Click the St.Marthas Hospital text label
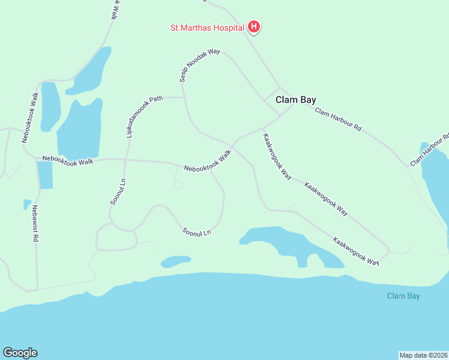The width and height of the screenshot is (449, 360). pyautogui.click(x=207, y=28)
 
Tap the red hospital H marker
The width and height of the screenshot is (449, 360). pyautogui.click(x=254, y=26)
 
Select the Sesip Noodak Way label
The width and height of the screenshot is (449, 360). pyautogui.click(x=199, y=65)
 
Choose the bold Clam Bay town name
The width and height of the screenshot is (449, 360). pyautogui.click(x=295, y=100)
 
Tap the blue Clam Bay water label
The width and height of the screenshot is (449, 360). pyautogui.click(x=403, y=296)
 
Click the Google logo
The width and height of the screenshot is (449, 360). pyautogui.click(x=20, y=353)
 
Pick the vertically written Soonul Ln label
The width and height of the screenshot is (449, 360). pyautogui.click(x=118, y=191)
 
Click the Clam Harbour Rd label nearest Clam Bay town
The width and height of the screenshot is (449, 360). pyautogui.click(x=338, y=119)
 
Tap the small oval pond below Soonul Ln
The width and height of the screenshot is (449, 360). pyautogui.click(x=175, y=261)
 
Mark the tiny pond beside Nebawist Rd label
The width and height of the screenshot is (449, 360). pyautogui.click(x=26, y=204)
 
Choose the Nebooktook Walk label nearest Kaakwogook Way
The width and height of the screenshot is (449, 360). pyautogui.click(x=207, y=161)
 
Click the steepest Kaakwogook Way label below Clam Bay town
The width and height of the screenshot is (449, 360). pyautogui.click(x=277, y=157)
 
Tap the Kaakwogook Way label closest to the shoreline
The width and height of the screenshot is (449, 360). pyautogui.click(x=357, y=251)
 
